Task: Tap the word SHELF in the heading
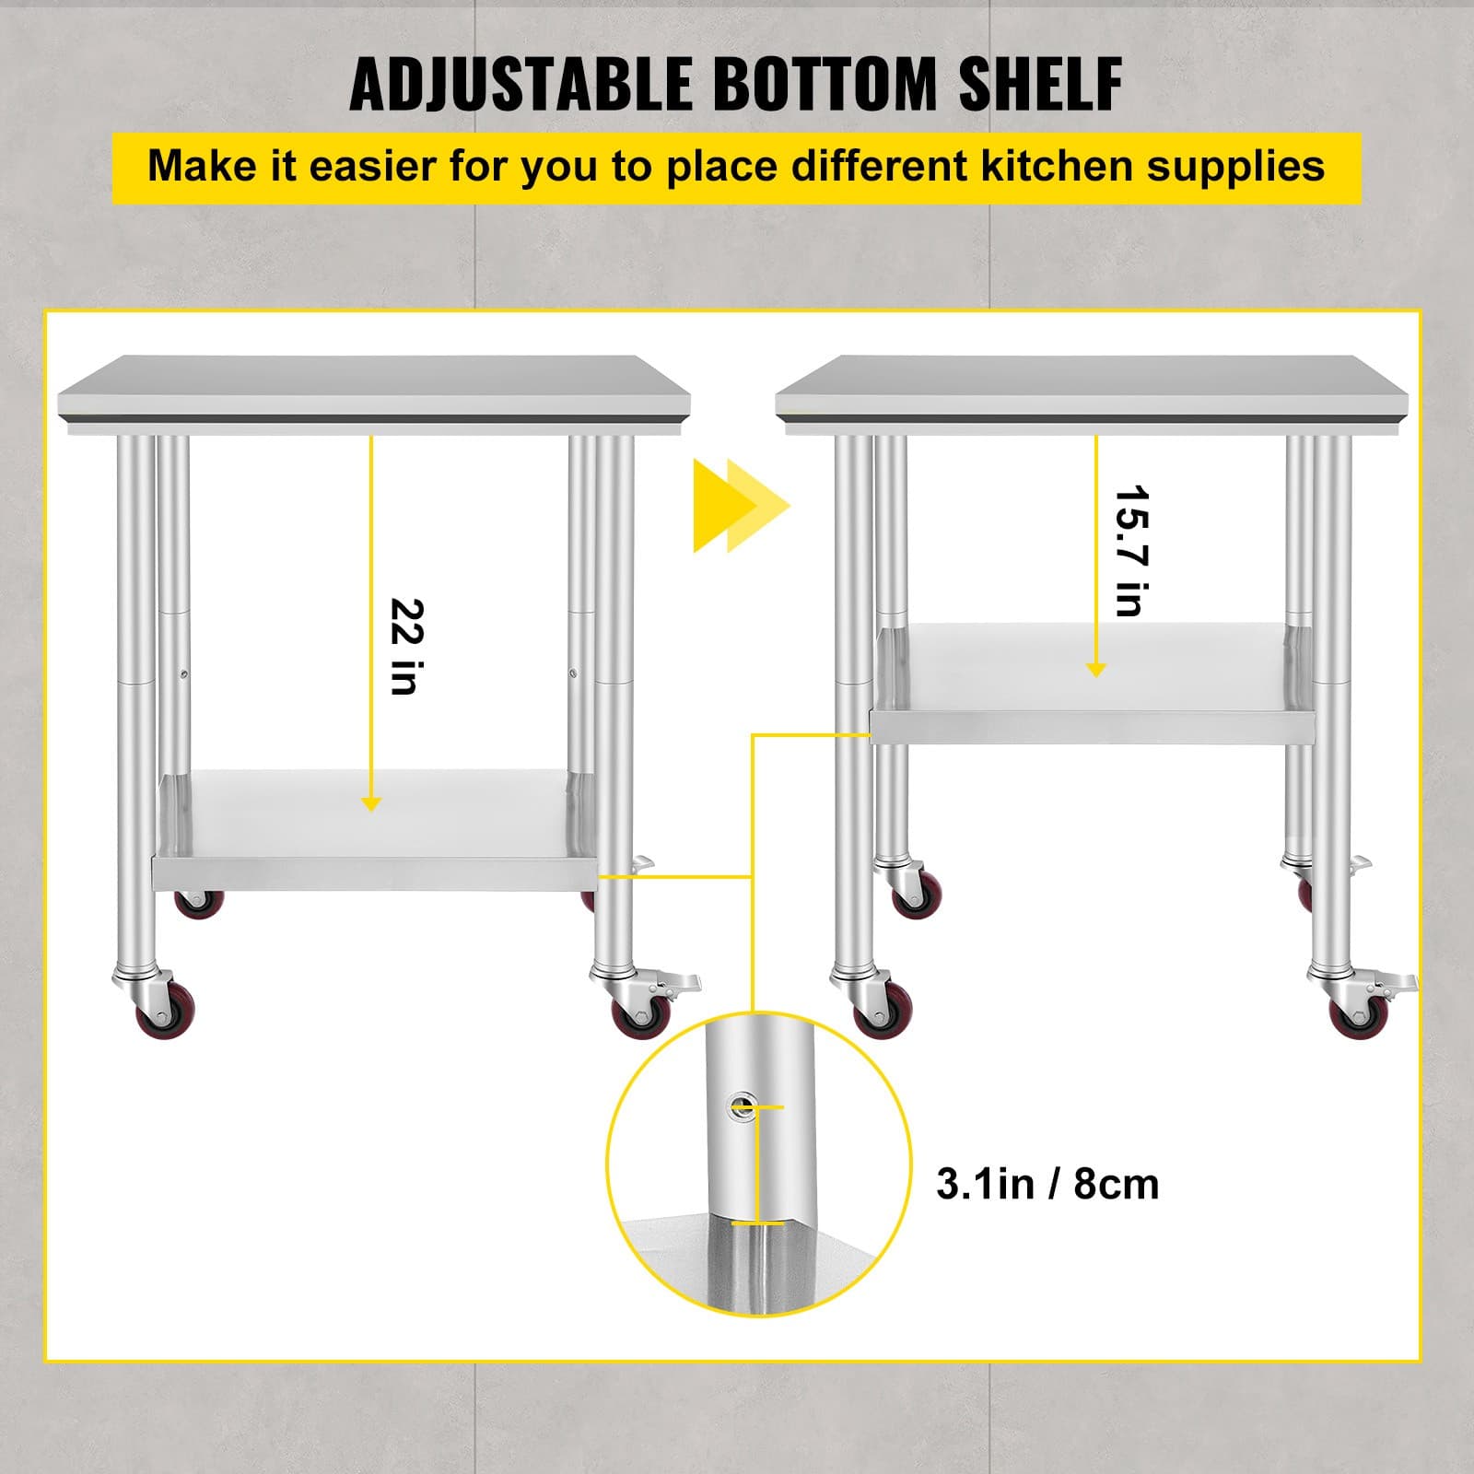[x=1040, y=85]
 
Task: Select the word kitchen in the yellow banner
[x=1043, y=167]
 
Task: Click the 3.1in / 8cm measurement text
[x=1047, y=1184]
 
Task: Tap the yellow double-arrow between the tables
[x=741, y=506]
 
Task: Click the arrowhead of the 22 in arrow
[x=371, y=804]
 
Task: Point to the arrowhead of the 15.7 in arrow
[x=1095, y=670]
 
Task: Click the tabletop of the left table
[x=373, y=387]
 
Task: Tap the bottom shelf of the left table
[x=373, y=829]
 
